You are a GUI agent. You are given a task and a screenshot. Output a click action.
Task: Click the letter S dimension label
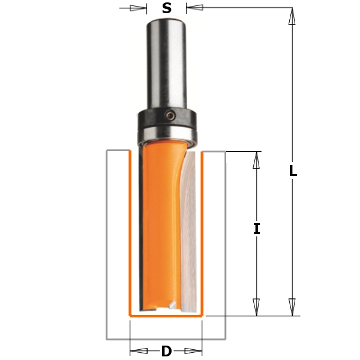tap(167, 8)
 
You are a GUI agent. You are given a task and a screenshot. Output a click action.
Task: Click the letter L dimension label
tap(293, 170)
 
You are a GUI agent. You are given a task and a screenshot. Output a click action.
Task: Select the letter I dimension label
tap(257, 229)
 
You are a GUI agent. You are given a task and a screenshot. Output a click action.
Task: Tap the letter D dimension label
tap(166, 351)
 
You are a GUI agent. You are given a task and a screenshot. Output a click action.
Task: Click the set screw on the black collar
tap(170, 115)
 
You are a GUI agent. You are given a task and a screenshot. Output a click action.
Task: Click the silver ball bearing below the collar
tap(167, 136)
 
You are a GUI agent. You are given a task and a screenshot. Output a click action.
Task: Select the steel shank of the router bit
tap(166, 64)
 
